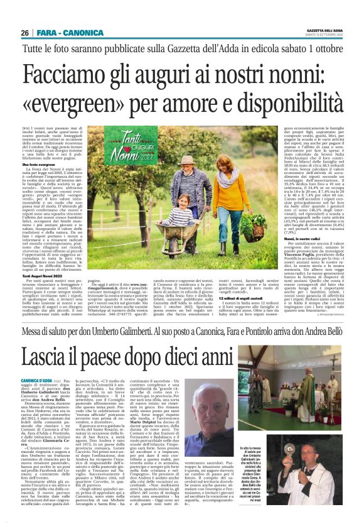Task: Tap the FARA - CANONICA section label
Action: [64, 33]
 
